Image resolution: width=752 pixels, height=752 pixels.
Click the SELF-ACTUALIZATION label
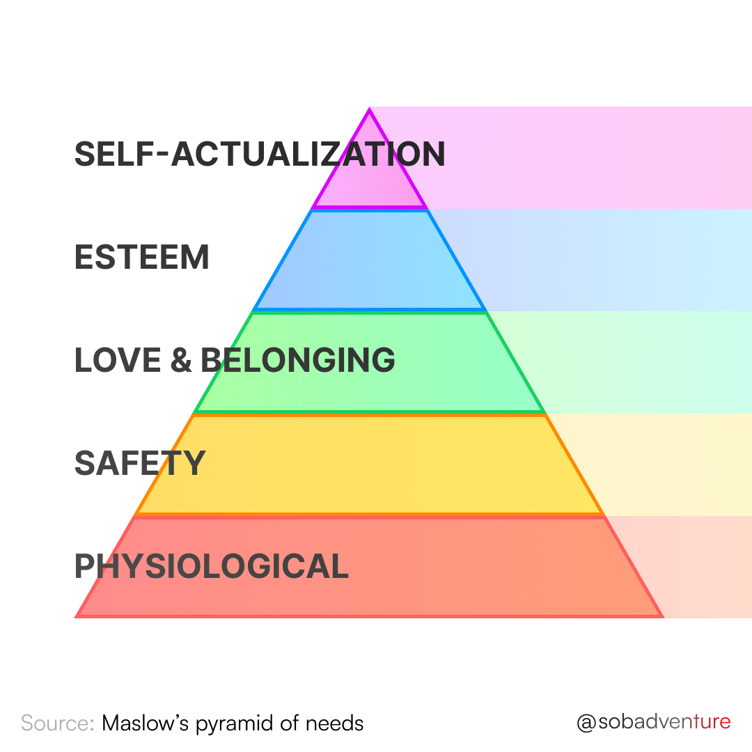tap(259, 154)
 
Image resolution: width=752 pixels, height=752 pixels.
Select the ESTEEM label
tap(141, 258)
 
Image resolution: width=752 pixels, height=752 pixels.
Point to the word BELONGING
tap(298, 360)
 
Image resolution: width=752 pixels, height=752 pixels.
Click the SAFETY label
tap(139, 463)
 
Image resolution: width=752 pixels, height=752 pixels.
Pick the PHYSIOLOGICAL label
tap(211, 566)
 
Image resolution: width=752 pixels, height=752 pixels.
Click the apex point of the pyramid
tap(370, 110)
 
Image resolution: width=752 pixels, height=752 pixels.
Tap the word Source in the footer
tap(57, 723)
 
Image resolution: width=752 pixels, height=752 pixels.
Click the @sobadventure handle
tap(653, 722)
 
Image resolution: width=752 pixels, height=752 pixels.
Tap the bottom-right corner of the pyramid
tap(661, 616)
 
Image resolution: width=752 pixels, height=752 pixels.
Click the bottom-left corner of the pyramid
tap(77, 616)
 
